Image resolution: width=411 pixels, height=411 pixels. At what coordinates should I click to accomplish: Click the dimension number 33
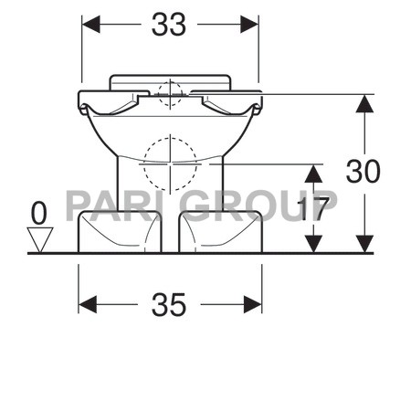(169, 26)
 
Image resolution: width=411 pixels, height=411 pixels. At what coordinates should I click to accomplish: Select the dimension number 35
(169, 304)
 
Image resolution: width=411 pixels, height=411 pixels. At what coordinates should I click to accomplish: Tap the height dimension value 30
(363, 171)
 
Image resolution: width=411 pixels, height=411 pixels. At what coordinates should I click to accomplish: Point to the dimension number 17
(314, 209)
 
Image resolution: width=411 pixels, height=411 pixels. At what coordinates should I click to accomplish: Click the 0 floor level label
(38, 213)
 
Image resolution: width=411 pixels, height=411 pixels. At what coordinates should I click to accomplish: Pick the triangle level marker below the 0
(38, 240)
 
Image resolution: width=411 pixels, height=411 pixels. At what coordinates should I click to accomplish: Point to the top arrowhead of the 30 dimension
(364, 103)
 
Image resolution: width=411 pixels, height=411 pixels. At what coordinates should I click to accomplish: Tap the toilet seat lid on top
(169, 80)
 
